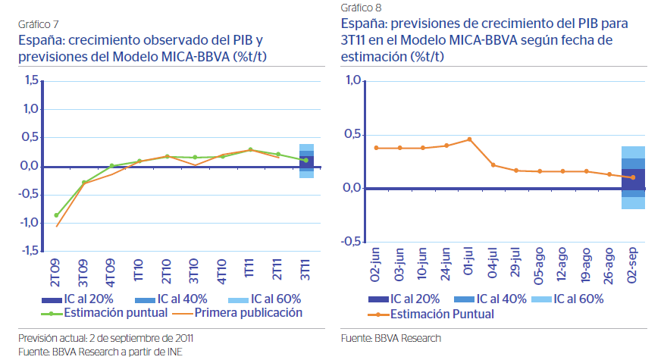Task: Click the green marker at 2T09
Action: pos(56,215)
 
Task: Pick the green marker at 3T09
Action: pos(84,183)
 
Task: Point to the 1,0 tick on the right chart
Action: pos(355,81)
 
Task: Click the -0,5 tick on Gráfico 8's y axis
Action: pos(353,242)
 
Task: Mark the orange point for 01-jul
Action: pos(470,139)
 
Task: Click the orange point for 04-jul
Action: pos(493,164)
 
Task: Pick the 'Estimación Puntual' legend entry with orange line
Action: pos(442,314)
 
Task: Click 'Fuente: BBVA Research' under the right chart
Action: pos(390,338)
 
